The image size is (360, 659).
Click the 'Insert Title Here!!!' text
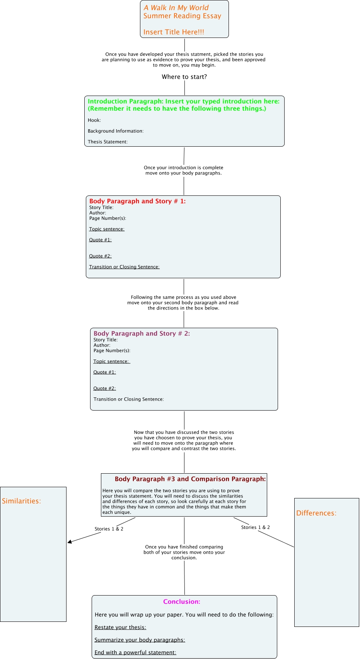174,32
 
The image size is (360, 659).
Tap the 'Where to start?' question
184,77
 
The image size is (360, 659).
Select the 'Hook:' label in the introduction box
94,120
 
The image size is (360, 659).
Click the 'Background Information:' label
116,131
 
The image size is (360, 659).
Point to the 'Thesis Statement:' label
107,142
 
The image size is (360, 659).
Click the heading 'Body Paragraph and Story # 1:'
138,201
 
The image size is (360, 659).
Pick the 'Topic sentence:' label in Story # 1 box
107,229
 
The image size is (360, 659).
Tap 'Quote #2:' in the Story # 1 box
100,256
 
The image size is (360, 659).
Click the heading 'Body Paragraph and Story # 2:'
142,334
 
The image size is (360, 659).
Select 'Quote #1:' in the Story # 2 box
105,372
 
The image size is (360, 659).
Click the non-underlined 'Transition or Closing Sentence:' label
129,399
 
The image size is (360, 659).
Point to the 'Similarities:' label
21,501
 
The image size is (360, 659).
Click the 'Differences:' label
316,513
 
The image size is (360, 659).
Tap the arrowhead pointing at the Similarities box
70,542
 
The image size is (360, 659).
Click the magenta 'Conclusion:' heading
182,602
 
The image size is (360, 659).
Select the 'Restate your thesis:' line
120,627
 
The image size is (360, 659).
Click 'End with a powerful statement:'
135,652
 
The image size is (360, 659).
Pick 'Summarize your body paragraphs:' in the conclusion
140,640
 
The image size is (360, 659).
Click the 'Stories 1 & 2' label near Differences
255,527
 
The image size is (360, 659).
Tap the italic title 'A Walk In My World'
176,8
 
